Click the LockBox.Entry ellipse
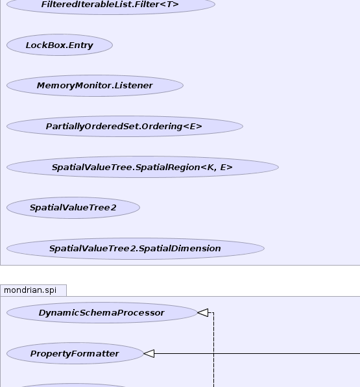pyautogui.click(x=60, y=45)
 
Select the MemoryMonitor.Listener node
pyautogui.click(x=95, y=86)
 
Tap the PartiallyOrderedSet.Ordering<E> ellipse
pyautogui.click(x=125, y=126)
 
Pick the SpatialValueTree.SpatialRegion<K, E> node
pyautogui.click(x=143, y=167)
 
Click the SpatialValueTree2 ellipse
pyautogui.click(x=73, y=208)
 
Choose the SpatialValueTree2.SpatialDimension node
pyautogui.click(x=136, y=248)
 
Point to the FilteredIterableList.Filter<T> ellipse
pyautogui.click(x=111, y=4)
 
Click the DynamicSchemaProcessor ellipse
pyautogui.click(x=102, y=312)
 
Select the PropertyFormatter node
pyautogui.click(x=75, y=353)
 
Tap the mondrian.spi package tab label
pyautogui.click(x=30, y=290)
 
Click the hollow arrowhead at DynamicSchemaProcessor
pyautogui.click(x=202, y=312)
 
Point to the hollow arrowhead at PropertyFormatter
pyautogui.click(x=149, y=353)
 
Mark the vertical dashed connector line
pyautogui.click(x=213, y=350)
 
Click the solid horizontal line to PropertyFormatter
pyautogui.click(x=257, y=353)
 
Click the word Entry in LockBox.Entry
pyautogui.click(x=81, y=45)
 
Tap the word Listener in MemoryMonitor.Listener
pyautogui.click(x=134, y=86)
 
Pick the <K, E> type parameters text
pyautogui.click(x=217, y=168)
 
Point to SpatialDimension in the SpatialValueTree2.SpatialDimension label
pyautogui.click(x=180, y=249)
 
